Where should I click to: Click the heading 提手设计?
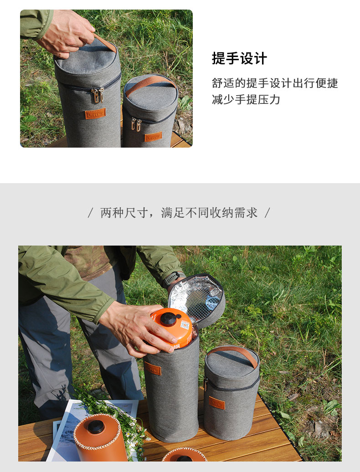239,59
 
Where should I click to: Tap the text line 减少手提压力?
246,99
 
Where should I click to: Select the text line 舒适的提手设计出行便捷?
275,83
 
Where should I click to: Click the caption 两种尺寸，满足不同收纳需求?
179,213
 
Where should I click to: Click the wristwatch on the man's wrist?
173,277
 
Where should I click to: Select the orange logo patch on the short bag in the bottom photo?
216,403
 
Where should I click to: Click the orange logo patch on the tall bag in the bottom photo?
153,369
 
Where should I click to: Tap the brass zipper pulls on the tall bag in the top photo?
97,94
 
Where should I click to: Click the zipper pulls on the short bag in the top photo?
136,124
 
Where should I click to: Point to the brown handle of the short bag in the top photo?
150,82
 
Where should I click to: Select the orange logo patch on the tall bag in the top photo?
95,113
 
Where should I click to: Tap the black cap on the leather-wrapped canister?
96,427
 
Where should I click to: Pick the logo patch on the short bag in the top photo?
153,137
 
